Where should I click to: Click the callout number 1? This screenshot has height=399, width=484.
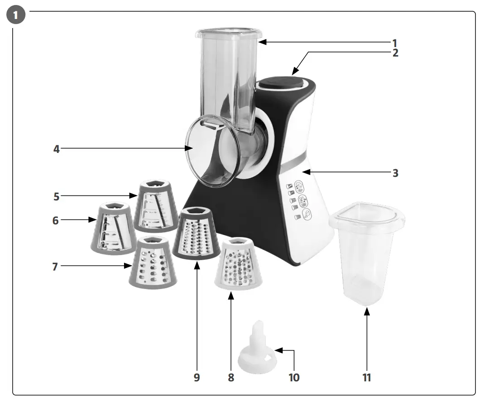(394, 43)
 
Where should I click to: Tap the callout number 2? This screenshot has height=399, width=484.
(395, 52)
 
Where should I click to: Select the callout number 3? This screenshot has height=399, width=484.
(395, 172)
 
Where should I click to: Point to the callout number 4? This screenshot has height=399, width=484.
(57, 148)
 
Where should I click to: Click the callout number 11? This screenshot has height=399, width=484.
(367, 377)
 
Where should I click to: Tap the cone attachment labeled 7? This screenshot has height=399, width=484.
(153, 262)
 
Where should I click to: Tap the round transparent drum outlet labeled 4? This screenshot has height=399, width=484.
(211, 152)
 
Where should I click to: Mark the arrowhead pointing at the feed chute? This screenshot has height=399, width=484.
(262, 42)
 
